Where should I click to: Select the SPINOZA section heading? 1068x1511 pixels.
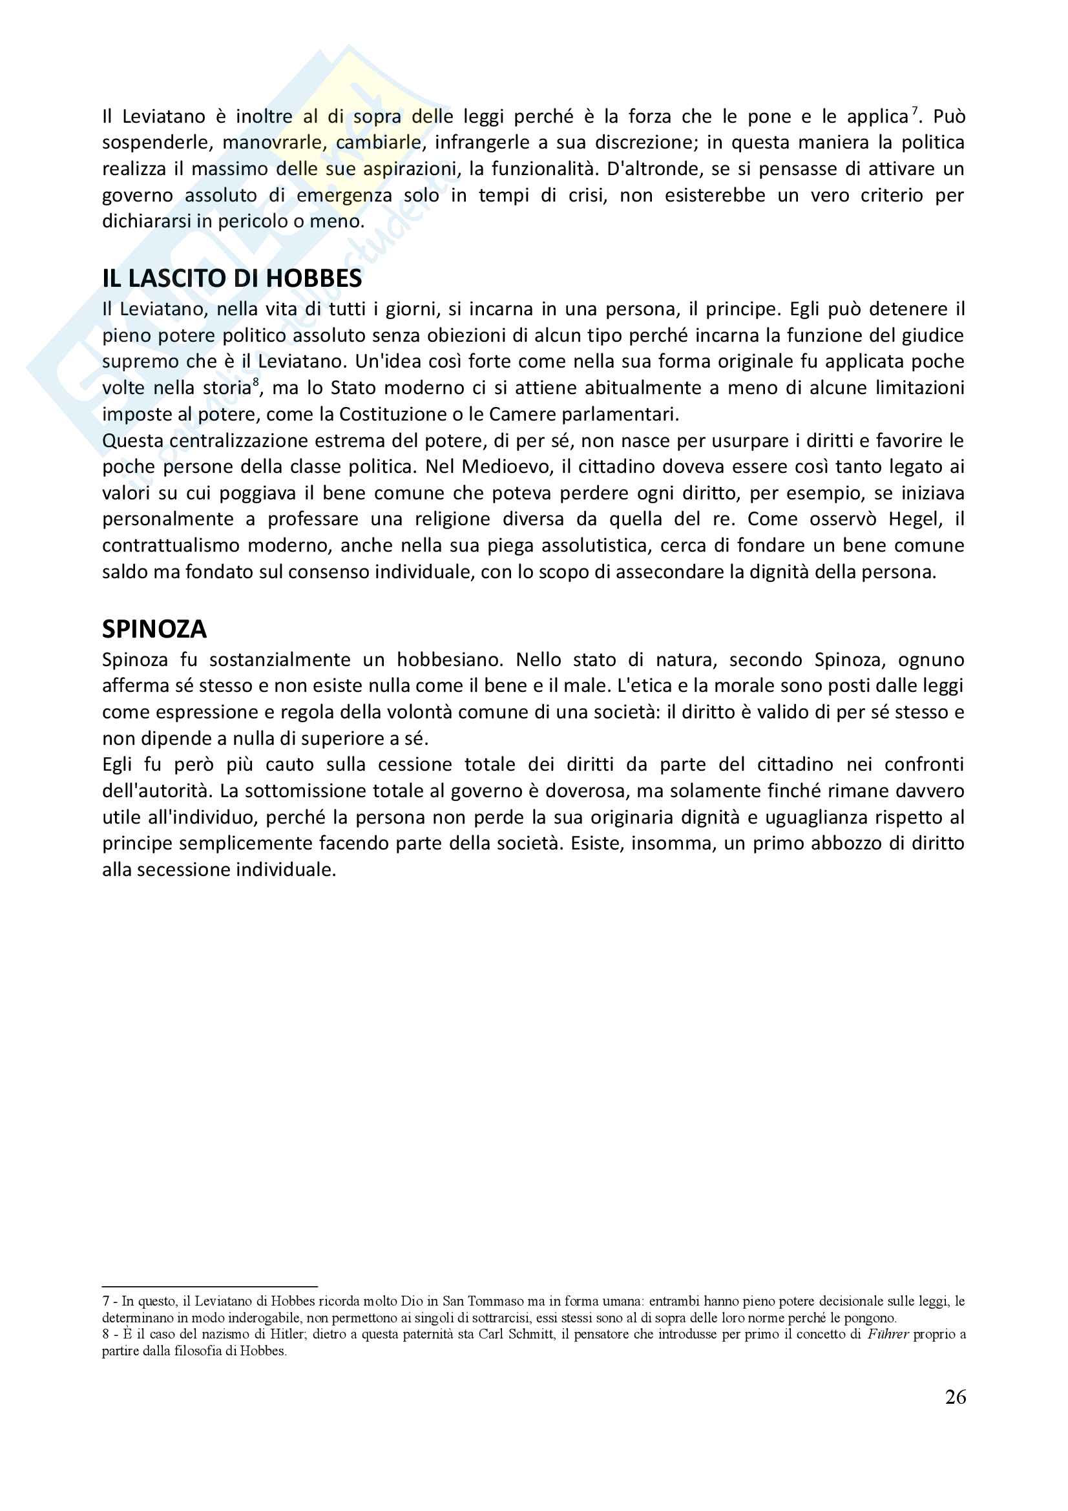(x=154, y=630)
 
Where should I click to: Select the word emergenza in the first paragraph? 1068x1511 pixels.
(x=344, y=196)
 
